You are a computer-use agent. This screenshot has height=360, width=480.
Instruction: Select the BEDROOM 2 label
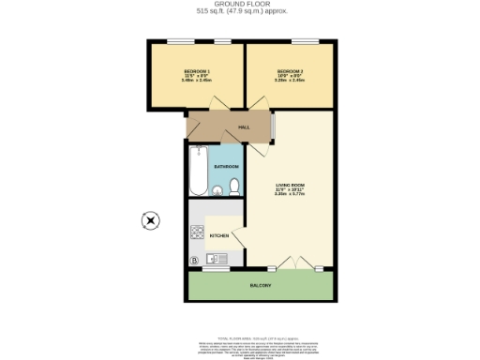pos(290,72)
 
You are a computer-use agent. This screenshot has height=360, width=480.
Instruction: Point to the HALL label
pos(244,127)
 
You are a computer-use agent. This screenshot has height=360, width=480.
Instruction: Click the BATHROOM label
pos(226,166)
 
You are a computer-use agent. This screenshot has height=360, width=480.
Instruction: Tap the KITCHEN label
pos(219,235)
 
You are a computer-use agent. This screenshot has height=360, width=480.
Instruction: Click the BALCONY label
pos(261,285)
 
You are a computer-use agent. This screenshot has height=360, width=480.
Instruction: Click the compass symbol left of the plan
pos(149,221)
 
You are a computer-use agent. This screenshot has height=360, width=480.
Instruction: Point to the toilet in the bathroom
pos(232,190)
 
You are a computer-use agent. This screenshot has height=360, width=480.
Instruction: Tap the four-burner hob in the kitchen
pos(196,232)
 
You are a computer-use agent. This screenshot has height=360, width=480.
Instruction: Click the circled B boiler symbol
pos(195,260)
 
